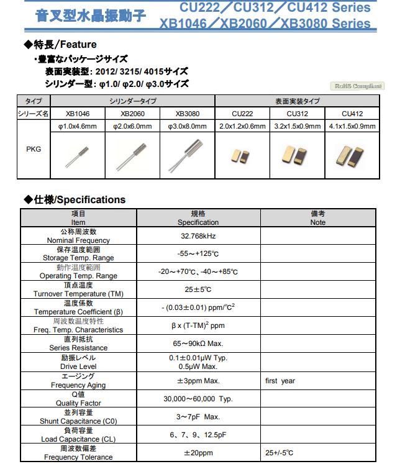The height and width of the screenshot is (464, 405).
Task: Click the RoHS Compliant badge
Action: point(357,86)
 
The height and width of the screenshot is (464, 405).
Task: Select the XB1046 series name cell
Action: point(78,114)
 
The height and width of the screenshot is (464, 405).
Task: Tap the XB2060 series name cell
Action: point(132,114)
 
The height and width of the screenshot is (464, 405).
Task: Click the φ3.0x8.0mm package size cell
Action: point(188,126)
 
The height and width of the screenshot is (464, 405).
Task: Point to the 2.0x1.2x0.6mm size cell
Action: point(242,126)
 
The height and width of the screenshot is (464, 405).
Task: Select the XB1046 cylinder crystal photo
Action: point(77,155)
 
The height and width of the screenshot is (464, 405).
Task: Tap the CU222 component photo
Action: point(242,156)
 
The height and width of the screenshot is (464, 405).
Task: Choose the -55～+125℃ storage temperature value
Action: point(198,254)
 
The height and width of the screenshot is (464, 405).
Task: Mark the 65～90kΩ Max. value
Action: point(198,344)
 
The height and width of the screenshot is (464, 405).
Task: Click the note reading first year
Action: point(280,381)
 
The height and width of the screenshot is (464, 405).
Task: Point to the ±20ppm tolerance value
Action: point(198,453)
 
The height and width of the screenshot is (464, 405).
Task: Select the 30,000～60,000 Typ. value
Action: point(198,399)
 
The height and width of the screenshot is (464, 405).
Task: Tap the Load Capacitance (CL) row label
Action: point(78,439)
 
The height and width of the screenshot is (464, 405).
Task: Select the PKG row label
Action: point(34,150)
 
